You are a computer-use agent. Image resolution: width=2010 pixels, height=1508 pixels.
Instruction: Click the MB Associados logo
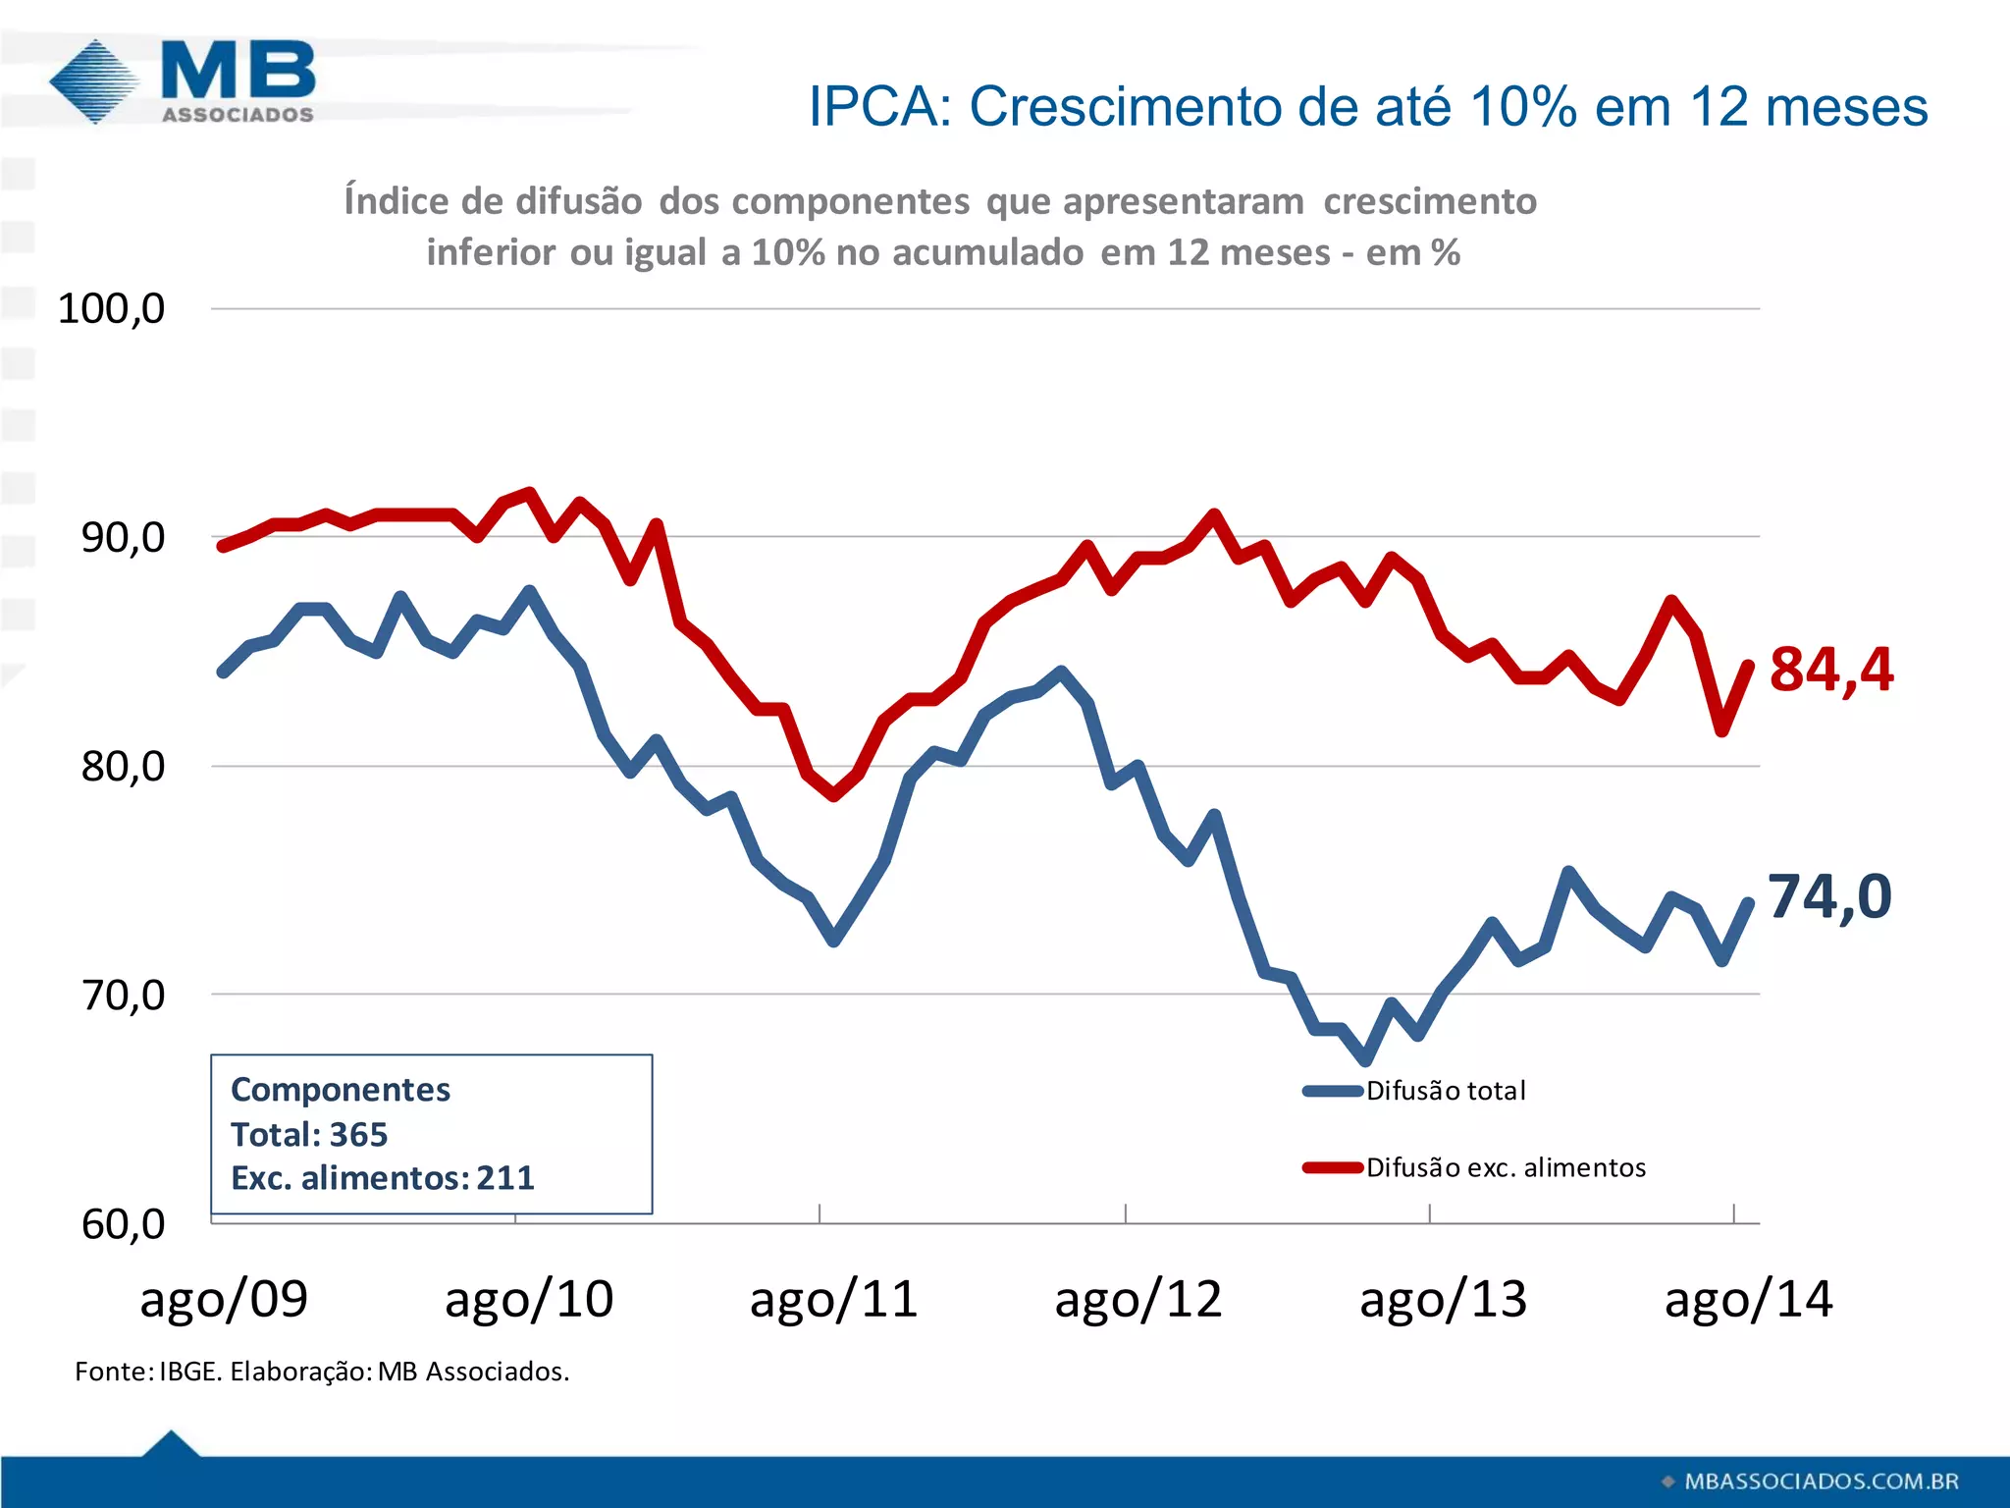click(x=184, y=81)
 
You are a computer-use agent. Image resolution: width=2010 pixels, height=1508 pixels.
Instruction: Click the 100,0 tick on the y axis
click(x=111, y=308)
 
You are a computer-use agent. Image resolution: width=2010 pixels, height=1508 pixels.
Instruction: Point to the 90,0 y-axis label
click(x=123, y=537)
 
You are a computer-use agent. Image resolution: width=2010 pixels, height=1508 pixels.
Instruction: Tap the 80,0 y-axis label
click(x=123, y=766)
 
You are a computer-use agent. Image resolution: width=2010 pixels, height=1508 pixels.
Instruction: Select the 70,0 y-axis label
click(x=123, y=995)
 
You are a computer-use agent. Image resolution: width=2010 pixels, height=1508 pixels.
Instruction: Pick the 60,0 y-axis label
click(x=123, y=1223)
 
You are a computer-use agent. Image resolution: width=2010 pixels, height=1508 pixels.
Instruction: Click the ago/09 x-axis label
click(x=224, y=1300)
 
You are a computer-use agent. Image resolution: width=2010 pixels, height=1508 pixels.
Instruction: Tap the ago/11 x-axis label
click(x=833, y=1300)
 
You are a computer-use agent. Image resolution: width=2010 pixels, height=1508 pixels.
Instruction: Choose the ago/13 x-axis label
click(x=1443, y=1300)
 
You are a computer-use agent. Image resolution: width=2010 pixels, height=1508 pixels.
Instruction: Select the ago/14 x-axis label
click(x=1748, y=1300)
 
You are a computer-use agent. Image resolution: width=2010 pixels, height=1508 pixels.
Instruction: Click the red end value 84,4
click(x=1830, y=670)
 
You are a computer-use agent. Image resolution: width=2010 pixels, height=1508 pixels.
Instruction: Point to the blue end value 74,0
click(x=1829, y=896)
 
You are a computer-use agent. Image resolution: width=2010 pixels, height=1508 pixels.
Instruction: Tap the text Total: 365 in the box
click(x=309, y=1134)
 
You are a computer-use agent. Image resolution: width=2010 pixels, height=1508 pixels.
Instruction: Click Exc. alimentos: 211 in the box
click(x=383, y=1177)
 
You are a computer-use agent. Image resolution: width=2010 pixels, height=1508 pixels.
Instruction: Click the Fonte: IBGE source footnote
click(x=322, y=1372)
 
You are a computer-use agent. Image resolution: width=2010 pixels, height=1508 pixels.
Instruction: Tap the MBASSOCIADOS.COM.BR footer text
click(x=1821, y=1481)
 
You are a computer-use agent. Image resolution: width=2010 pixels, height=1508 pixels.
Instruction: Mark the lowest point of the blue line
click(x=1366, y=1060)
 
